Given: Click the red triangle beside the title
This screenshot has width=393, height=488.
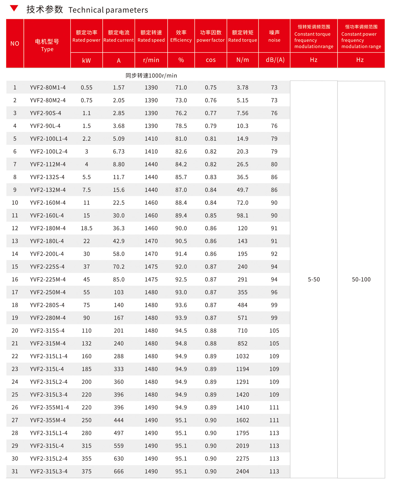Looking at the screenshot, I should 14,8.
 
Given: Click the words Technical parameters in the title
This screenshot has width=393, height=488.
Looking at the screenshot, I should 108,10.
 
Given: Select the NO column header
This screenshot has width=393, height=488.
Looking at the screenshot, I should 15,44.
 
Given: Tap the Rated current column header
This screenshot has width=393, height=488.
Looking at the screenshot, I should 119,36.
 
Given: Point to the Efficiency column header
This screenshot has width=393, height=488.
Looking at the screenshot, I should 181,36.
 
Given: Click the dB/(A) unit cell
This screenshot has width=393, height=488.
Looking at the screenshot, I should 275,60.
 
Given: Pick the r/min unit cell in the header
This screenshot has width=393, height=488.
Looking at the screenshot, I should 151,60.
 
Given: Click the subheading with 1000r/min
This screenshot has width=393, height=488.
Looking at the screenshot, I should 151,76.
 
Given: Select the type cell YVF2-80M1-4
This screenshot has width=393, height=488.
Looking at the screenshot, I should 48,87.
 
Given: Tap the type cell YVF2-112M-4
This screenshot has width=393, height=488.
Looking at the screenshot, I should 48,164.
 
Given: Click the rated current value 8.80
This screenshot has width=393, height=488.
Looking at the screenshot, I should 119,164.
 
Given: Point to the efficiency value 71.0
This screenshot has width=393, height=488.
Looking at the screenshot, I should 181,87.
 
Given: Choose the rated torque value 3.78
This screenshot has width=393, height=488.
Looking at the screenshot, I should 243,87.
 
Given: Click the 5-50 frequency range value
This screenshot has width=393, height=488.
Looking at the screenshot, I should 314,279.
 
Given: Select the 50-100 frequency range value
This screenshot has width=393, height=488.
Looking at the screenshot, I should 361,279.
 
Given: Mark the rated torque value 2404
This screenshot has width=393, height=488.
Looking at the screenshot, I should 243,471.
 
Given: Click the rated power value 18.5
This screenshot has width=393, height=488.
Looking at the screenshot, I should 86,228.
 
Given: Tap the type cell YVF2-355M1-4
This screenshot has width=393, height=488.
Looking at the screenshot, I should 49,407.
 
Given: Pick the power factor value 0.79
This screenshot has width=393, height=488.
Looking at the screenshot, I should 211,126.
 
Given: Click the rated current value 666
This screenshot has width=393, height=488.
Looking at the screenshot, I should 119,471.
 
